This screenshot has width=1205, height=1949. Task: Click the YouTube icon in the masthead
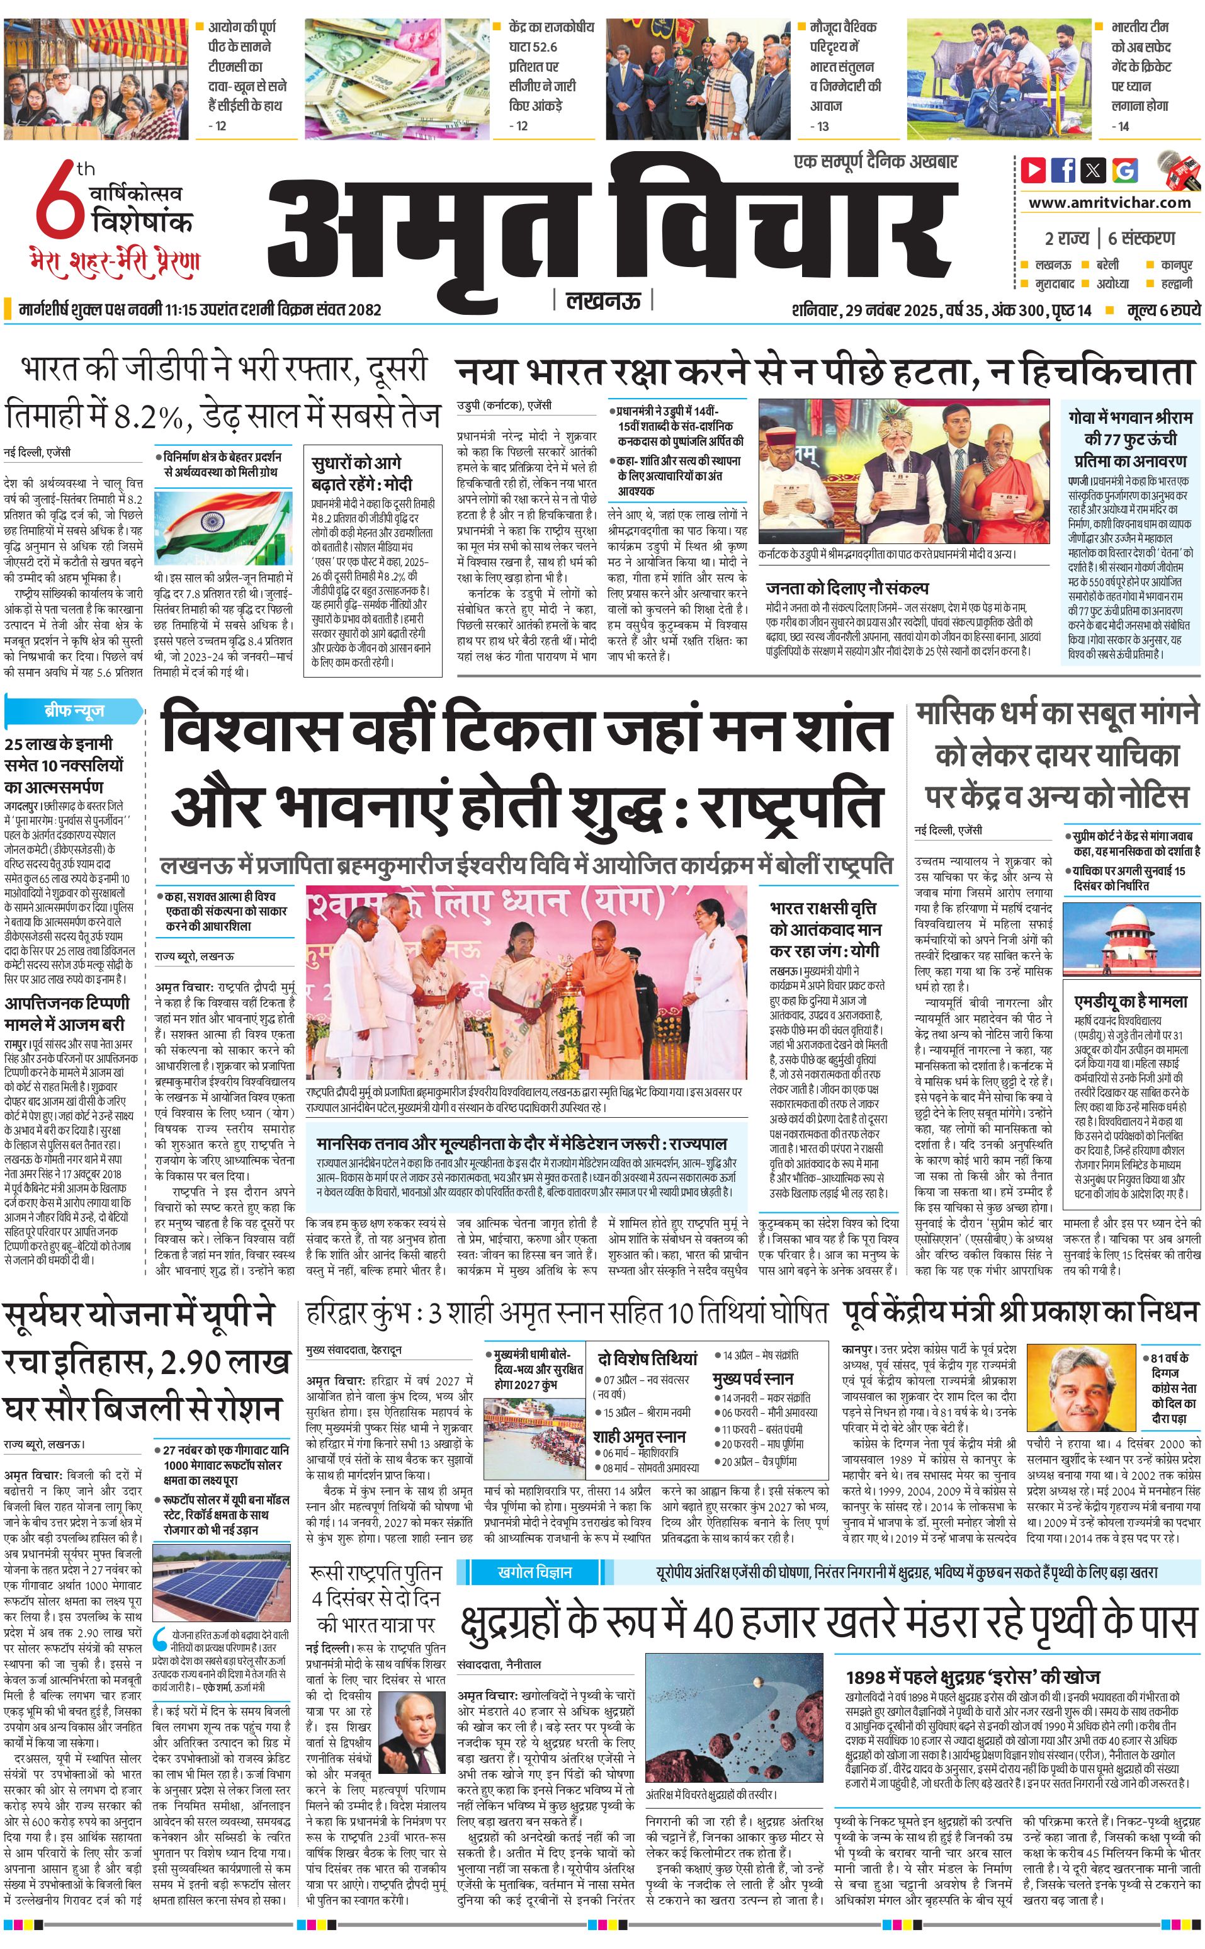(1034, 170)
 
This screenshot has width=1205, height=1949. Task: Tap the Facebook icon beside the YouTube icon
(1064, 170)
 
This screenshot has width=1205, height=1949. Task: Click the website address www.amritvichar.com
(1109, 203)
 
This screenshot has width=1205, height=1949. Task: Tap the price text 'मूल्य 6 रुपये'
(1163, 310)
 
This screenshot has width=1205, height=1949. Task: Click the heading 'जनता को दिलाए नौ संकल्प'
(847, 588)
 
